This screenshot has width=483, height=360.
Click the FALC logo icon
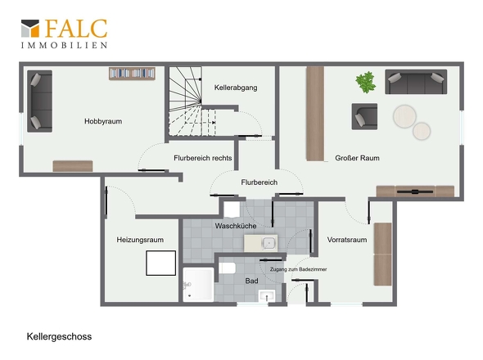[x=30, y=29]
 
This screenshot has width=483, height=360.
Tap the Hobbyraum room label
[x=103, y=121]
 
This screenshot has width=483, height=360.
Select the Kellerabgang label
[x=236, y=88]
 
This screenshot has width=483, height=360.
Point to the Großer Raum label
[x=357, y=158]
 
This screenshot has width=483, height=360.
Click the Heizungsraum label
[x=140, y=240]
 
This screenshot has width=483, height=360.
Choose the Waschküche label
[x=236, y=226]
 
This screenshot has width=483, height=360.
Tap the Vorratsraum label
[x=347, y=240]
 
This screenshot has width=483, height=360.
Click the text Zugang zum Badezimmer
[x=298, y=269]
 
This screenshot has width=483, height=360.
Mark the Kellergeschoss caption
[x=59, y=336]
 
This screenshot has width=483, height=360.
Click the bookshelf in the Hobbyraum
[x=132, y=74]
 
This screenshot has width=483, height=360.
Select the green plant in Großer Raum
[x=366, y=82]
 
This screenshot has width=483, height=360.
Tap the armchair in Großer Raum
[x=364, y=116]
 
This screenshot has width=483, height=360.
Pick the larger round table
[x=404, y=116]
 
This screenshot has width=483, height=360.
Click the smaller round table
[x=422, y=131]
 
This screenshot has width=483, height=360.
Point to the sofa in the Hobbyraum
[x=39, y=101]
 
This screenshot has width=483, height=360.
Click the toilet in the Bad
[x=227, y=268]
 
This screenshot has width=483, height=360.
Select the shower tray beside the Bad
[x=198, y=285]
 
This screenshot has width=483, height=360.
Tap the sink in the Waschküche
[x=261, y=243]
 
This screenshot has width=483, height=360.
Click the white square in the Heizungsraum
[x=160, y=263]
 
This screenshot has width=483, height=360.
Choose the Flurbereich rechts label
[x=203, y=158]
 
